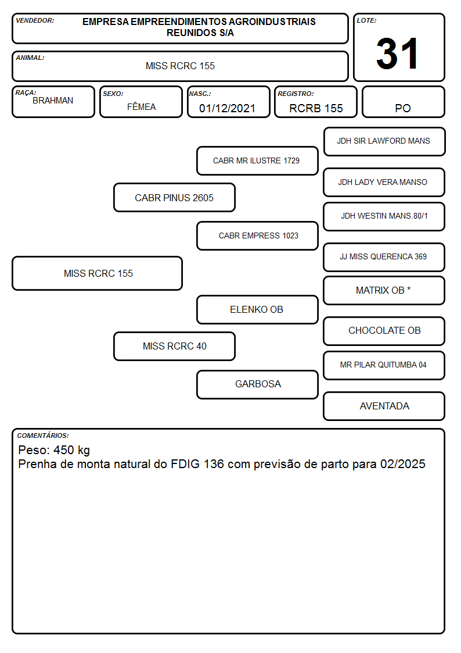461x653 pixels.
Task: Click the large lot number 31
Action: [397, 53]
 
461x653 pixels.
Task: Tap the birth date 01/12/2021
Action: [228, 108]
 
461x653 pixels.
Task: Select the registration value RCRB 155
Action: [316, 108]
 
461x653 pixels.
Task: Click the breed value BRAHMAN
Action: [53, 101]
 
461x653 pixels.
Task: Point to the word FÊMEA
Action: [141, 107]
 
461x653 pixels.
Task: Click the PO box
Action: [403, 102]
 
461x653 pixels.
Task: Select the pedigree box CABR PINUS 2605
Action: [174, 197]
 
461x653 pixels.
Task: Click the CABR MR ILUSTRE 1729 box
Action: [257, 160]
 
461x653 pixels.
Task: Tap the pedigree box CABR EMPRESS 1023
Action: [257, 235]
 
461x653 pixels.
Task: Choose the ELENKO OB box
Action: [257, 309]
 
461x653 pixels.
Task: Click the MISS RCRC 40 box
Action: [174, 346]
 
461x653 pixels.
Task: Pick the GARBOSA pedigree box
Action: [257, 384]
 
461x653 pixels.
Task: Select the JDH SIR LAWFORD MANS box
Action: [384, 142]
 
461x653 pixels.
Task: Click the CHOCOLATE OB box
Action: [384, 331]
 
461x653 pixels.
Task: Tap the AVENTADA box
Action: [384, 406]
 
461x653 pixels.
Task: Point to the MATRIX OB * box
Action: [384, 290]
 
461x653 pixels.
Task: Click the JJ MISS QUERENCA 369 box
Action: [384, 257]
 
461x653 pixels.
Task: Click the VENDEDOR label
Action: [35, 20]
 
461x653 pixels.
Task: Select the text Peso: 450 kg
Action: [54, 450]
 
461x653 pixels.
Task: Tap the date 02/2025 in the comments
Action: [403, 464]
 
